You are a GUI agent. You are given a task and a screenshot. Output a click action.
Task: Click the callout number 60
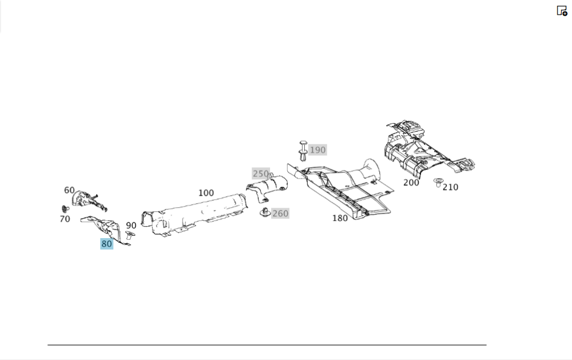click(x=69, y=191)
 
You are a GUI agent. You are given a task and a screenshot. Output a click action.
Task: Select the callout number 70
click(x=65, y=219)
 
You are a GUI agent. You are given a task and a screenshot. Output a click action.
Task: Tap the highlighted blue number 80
click(x=106, y=244)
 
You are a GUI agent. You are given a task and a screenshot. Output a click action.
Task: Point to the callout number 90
click(x=131, y=226)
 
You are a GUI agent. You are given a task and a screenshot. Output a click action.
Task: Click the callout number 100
click(x=206, y=193)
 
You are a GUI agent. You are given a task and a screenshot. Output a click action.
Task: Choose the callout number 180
click(x=340, y=218)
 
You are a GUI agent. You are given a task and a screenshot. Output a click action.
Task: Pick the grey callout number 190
click(x=317, y=150)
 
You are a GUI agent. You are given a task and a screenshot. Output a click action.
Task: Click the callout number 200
click(x=411, y=183)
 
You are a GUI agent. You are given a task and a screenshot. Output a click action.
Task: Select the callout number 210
click(x=450, y=187)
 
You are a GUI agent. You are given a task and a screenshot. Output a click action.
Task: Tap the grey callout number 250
click(x=260, y=173)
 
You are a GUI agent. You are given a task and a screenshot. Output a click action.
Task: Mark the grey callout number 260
click(x=280, y=213)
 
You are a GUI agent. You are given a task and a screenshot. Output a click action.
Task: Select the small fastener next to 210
click(x=439, y=183)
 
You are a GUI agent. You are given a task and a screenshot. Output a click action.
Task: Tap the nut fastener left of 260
click(x=265, y=213)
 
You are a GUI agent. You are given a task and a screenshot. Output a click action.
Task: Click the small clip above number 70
click(x=65, y=208)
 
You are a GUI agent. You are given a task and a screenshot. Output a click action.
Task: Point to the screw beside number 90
click(x=129, y=235)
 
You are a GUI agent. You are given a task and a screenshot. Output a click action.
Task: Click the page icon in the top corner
click(x=562, y=10)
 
